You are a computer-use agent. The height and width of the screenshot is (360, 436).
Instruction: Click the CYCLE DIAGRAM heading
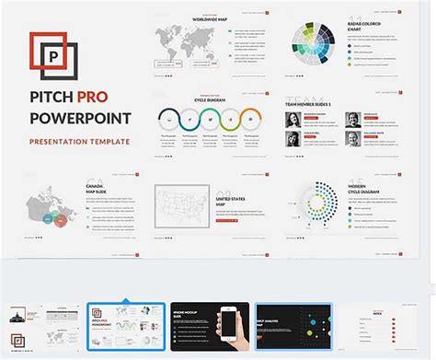[210, 102]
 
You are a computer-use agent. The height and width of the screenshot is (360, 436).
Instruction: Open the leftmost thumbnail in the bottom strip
[40, 324]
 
